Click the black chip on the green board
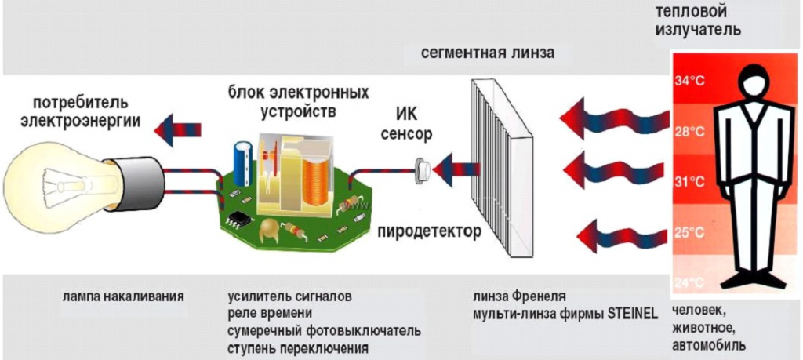(x=240, y=219)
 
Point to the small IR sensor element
(x=423, y=165)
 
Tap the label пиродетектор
(x=430, y=232)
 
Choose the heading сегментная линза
(x=487, y=53)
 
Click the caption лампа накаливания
(x=123, y=297)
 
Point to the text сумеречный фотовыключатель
(x=325, y=331)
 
